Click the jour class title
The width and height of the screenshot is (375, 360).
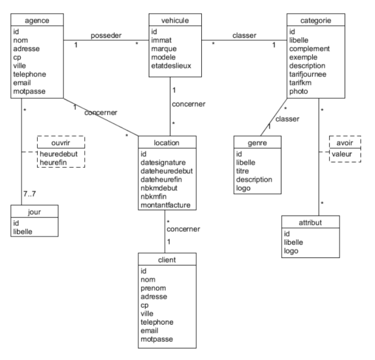[34, 212]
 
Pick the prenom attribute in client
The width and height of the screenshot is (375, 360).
[154, 287]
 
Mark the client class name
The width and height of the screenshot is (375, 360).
[166, 259]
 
